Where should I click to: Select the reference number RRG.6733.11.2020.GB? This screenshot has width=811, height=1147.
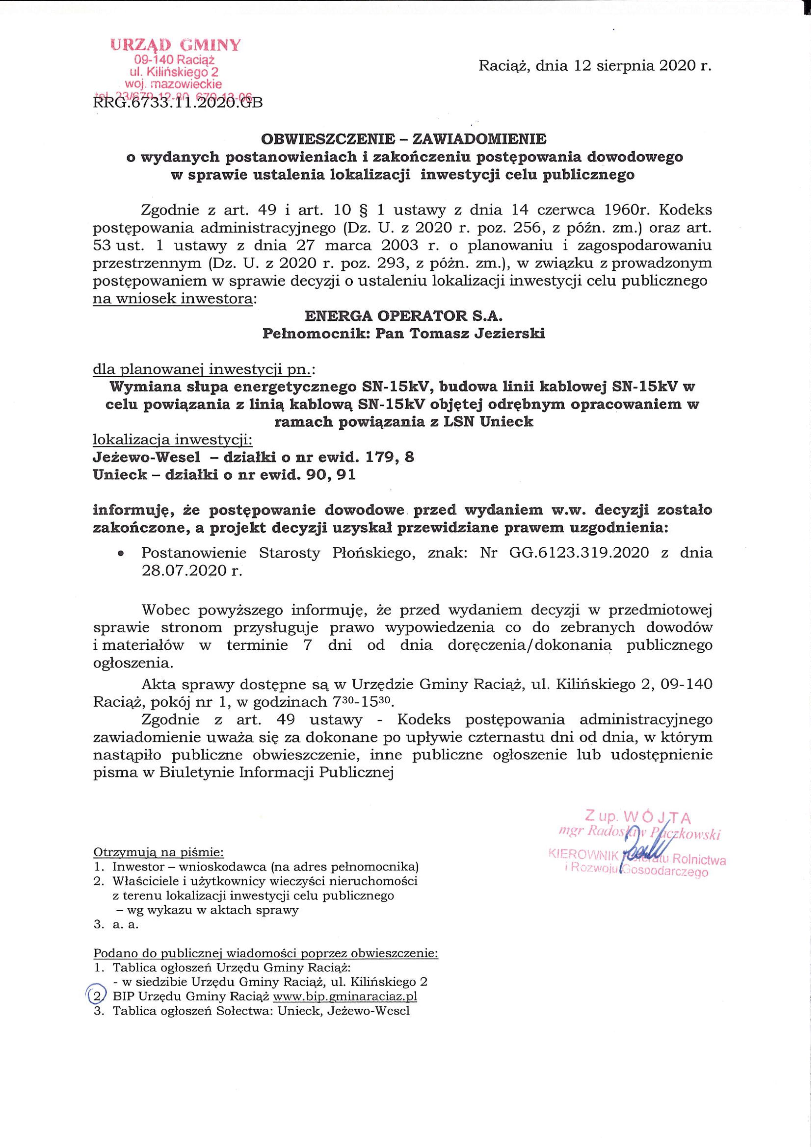(177, 102)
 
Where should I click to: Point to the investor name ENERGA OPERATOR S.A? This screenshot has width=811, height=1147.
(404, 316)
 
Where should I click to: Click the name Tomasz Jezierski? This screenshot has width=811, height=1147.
(477, 334)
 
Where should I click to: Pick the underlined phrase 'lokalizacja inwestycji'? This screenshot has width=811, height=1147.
(173, 440)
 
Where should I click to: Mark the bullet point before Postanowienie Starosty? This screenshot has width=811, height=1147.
(120, 554)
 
